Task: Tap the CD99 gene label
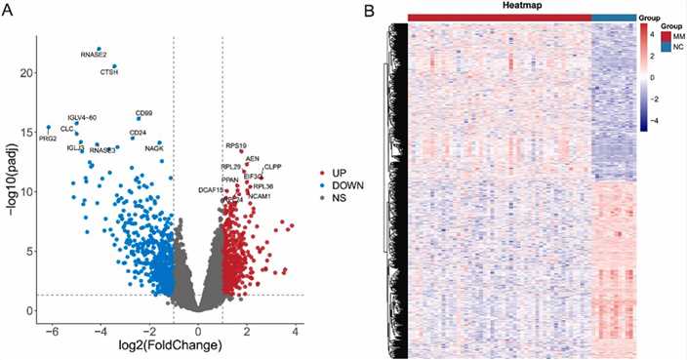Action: click(x=143, y=113)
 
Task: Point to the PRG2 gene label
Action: click(x=48, y=139)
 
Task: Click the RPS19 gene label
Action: click(x=235, y=145)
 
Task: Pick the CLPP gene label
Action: click(x=272, y=167)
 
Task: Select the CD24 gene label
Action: click(x=138, y=133)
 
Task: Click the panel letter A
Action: click(x=8, y=10)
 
